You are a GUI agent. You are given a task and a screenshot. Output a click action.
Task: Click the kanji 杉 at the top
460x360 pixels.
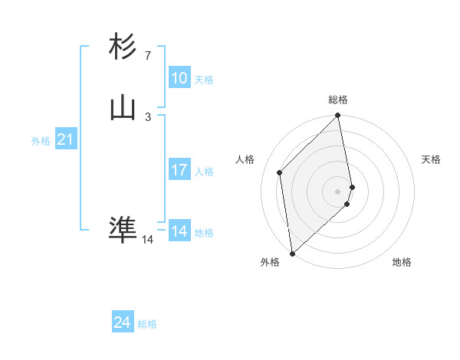123,47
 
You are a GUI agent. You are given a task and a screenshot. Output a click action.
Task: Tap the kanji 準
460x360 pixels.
123,229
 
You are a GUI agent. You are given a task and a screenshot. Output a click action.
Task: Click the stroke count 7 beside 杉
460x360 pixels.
147,55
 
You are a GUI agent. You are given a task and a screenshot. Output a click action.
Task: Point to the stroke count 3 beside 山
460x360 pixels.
147,116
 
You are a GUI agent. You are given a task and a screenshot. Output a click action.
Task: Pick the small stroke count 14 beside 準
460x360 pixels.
147,239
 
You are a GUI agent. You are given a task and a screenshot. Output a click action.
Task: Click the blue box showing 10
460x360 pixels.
179,78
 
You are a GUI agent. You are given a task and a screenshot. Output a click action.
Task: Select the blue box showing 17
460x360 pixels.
179,170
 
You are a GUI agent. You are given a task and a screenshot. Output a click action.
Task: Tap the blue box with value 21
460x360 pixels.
65,140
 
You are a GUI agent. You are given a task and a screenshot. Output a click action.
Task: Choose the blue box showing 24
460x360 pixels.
122,322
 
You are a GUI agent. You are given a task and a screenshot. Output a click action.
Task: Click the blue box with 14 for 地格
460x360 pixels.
179,231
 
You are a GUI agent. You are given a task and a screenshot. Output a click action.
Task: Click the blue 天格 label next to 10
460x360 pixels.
204,80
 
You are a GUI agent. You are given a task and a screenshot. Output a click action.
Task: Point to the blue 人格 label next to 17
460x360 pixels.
204,172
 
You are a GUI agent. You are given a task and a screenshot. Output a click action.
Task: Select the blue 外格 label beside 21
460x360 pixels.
41,141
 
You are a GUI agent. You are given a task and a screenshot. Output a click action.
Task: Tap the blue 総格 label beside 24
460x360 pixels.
147,324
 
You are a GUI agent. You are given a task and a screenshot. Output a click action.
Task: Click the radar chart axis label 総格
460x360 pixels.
338,100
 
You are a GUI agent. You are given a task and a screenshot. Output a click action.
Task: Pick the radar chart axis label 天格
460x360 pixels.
431,159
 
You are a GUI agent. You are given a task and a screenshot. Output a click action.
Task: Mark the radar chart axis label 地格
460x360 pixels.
402,262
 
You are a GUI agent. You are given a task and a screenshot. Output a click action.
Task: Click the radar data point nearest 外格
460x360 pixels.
291,253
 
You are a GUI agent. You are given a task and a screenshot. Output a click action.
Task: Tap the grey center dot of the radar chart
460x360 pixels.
338,191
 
